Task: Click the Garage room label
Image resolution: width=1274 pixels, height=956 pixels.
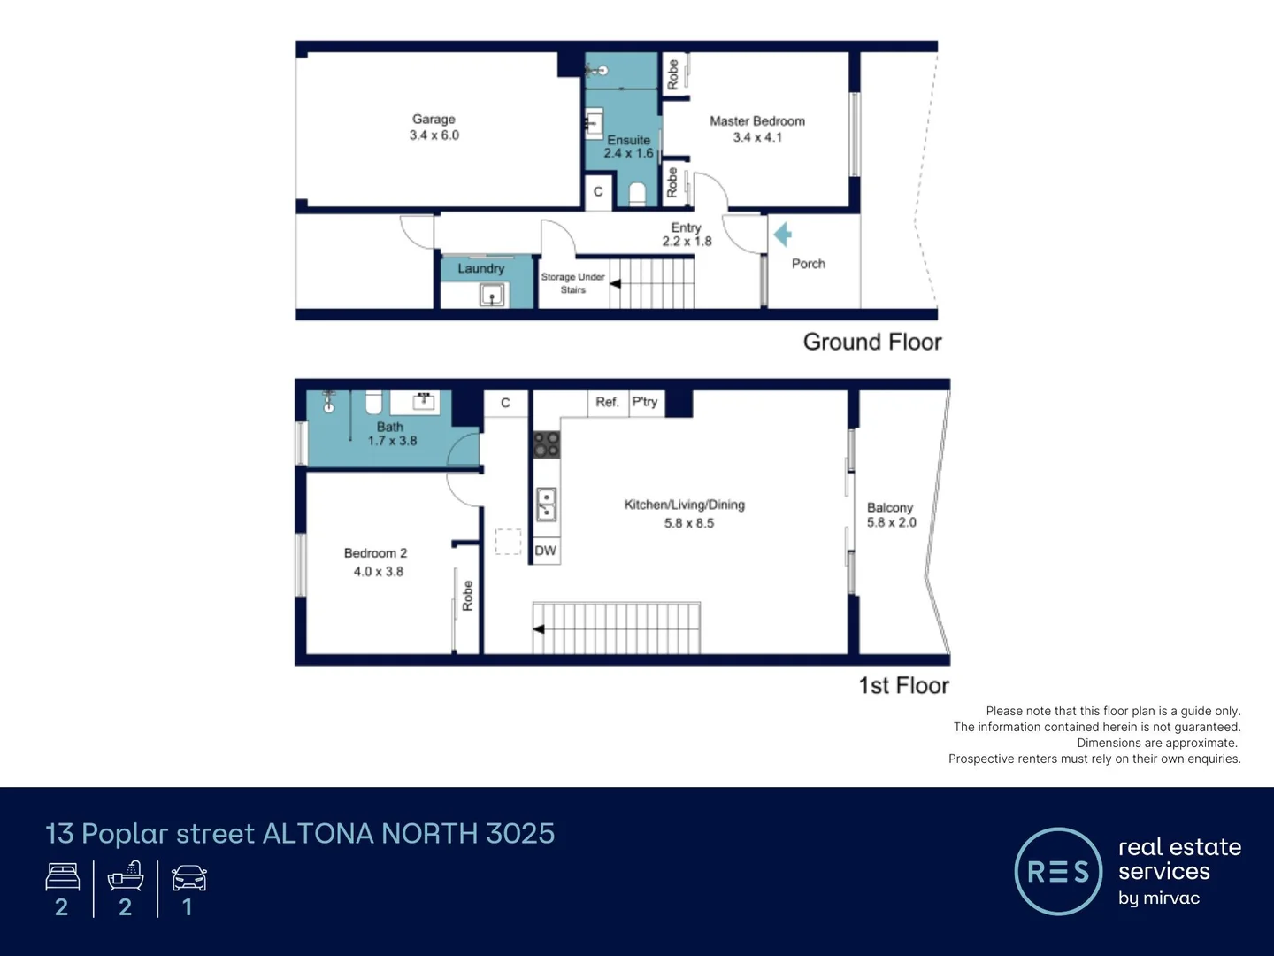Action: point(434,119)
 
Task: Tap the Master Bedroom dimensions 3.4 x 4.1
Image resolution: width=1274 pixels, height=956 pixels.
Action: point(757,137)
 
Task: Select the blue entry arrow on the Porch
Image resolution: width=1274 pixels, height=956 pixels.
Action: point(782,235)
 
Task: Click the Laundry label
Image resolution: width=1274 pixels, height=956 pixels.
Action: point(480,268)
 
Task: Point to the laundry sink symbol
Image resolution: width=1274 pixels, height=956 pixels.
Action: point(492,294)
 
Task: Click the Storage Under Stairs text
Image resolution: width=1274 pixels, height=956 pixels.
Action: point(572,283)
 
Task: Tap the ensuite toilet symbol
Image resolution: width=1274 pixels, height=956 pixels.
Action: point(637,194)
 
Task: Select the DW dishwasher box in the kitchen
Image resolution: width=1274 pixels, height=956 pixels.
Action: point(546,551)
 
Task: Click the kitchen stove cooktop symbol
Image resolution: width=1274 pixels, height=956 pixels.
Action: point(546,444)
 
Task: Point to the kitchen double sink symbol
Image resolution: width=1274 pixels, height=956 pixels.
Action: point(546,505)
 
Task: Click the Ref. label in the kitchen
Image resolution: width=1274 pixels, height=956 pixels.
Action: point(607,402)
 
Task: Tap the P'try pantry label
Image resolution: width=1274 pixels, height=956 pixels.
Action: point(645,402)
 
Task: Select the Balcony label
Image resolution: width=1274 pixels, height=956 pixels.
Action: point(889,507)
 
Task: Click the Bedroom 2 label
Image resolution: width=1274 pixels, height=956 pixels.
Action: point(375,553)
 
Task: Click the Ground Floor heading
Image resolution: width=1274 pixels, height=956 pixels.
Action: point(871,342)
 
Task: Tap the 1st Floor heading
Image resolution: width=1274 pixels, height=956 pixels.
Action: point(903,685)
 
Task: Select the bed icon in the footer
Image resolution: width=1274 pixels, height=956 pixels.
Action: point(63,877)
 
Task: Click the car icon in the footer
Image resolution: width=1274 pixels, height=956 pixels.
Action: point(188,878)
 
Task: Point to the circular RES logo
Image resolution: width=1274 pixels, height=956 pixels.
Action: point(1057,871)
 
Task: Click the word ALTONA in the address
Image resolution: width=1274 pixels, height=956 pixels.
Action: point(318,833)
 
